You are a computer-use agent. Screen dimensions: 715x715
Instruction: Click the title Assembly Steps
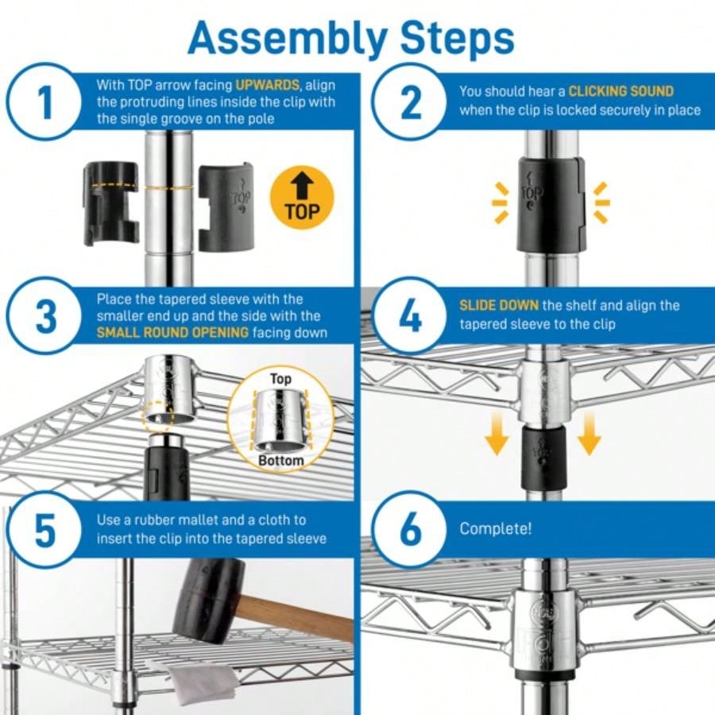[350, 37]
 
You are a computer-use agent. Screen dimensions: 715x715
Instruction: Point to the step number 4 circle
[411, 316]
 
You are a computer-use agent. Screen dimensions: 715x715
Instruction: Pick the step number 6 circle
[411, 530]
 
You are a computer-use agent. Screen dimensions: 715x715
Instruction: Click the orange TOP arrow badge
[302, 198]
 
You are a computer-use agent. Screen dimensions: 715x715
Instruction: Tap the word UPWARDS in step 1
[267, 84]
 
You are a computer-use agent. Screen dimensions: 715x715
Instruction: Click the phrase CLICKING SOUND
[620, 91]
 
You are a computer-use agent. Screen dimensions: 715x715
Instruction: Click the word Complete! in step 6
[496, 528]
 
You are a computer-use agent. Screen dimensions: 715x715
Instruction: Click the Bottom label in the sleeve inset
[280, 461]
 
